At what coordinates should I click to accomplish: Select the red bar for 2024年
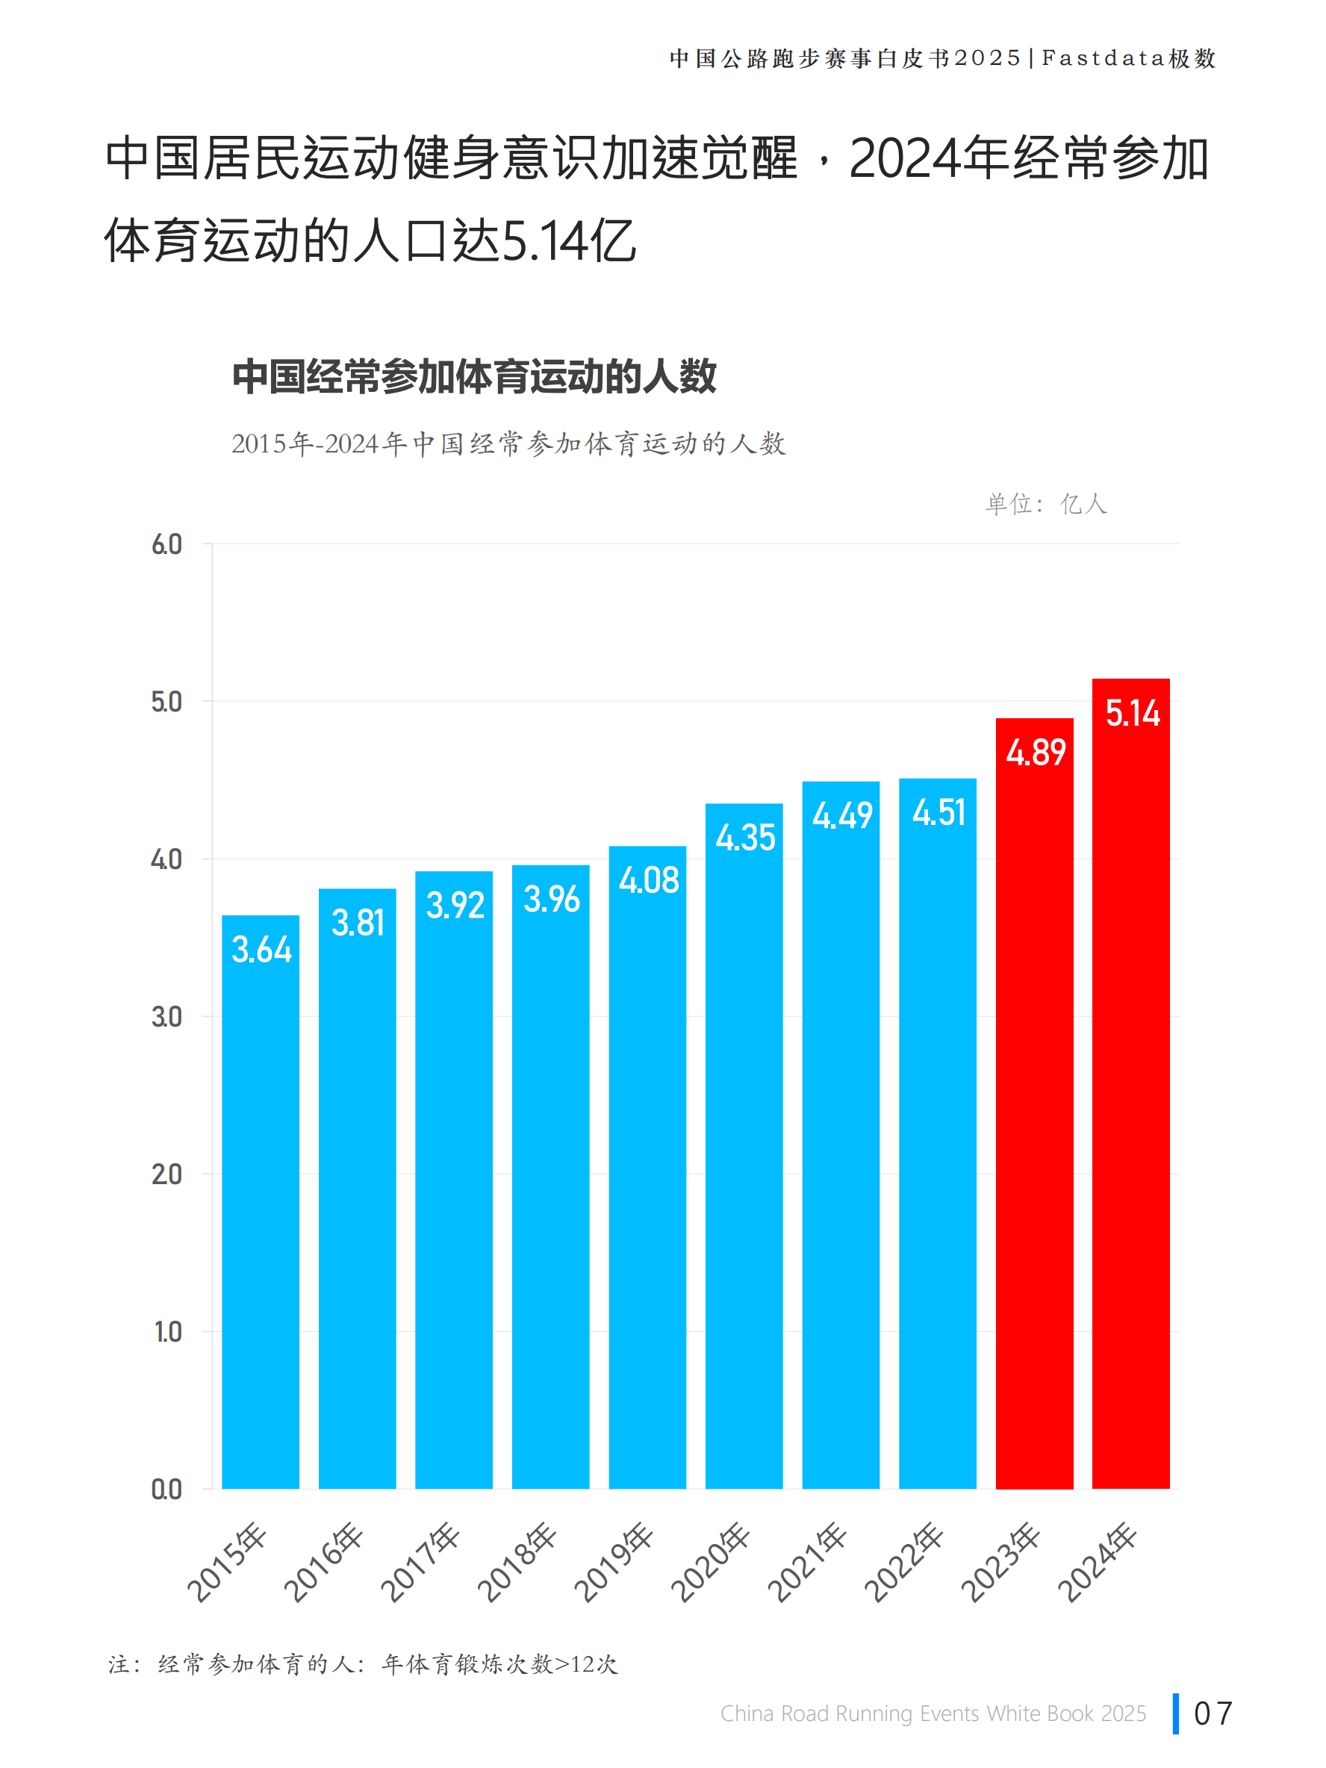tap(1130, 1119)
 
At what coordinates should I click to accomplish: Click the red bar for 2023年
tap(1033, 1135)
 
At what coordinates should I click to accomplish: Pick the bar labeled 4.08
tap(647, 1199)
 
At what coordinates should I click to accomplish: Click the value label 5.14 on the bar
tap(1132, 713)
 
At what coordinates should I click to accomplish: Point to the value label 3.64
tap(261, 950)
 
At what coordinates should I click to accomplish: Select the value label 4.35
tap(745, 838)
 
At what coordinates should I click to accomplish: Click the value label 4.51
tap(939, 813)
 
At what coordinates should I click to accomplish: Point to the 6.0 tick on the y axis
tap(166, 545)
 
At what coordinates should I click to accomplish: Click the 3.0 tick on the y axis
tap(166, 1018)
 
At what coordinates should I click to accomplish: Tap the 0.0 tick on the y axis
tap(166, 1490)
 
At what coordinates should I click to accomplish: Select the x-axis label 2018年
tap(518, 1563)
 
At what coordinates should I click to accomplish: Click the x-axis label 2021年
tap(808, 1563)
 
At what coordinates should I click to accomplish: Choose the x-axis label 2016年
tap(325, 1563)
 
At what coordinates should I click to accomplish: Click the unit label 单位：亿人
tap(1045, 505)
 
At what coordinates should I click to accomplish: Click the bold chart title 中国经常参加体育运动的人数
tap(474, 376)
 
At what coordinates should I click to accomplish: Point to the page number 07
tap(1213, 1713)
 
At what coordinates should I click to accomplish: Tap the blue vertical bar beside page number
tap(1176, 1713)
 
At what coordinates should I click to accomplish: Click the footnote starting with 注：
tap(364, 1664)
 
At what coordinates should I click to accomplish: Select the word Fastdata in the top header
tap(1102, 58)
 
